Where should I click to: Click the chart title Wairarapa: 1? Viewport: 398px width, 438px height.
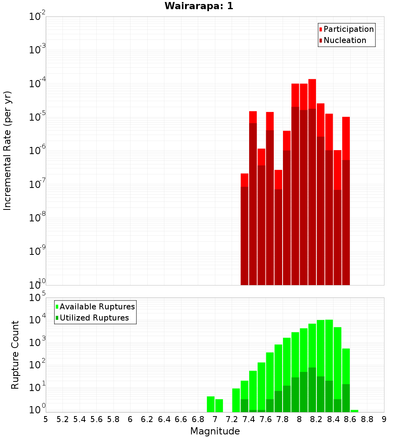(x=199, y=6)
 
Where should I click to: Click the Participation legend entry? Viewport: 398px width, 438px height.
(x=348, y=29)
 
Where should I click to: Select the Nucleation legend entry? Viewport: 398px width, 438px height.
(x=345, y=40)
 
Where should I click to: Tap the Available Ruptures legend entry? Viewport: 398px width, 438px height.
(x=97, y=307)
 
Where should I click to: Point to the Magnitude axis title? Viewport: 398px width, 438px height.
(x=215, y=431)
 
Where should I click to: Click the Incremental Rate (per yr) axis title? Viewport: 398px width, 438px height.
(x=8, y=151)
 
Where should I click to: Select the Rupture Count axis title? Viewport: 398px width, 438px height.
(x=15, y=354)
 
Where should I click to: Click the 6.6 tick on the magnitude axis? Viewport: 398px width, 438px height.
(x=181, y=419)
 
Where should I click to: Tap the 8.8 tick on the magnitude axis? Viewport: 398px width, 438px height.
(x=367, y=419)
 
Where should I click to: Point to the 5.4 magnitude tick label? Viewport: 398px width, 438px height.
(x=80, y=419)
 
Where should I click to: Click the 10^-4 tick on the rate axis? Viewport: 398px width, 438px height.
(x=38, y=84)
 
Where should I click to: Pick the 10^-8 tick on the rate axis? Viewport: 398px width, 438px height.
(x=38, y=218)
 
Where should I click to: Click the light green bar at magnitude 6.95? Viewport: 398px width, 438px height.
(x=211, y=404)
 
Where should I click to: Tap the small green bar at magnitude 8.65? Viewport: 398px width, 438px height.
(x=354, y=411)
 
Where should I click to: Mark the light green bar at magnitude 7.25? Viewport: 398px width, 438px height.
(x=236, y=400)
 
